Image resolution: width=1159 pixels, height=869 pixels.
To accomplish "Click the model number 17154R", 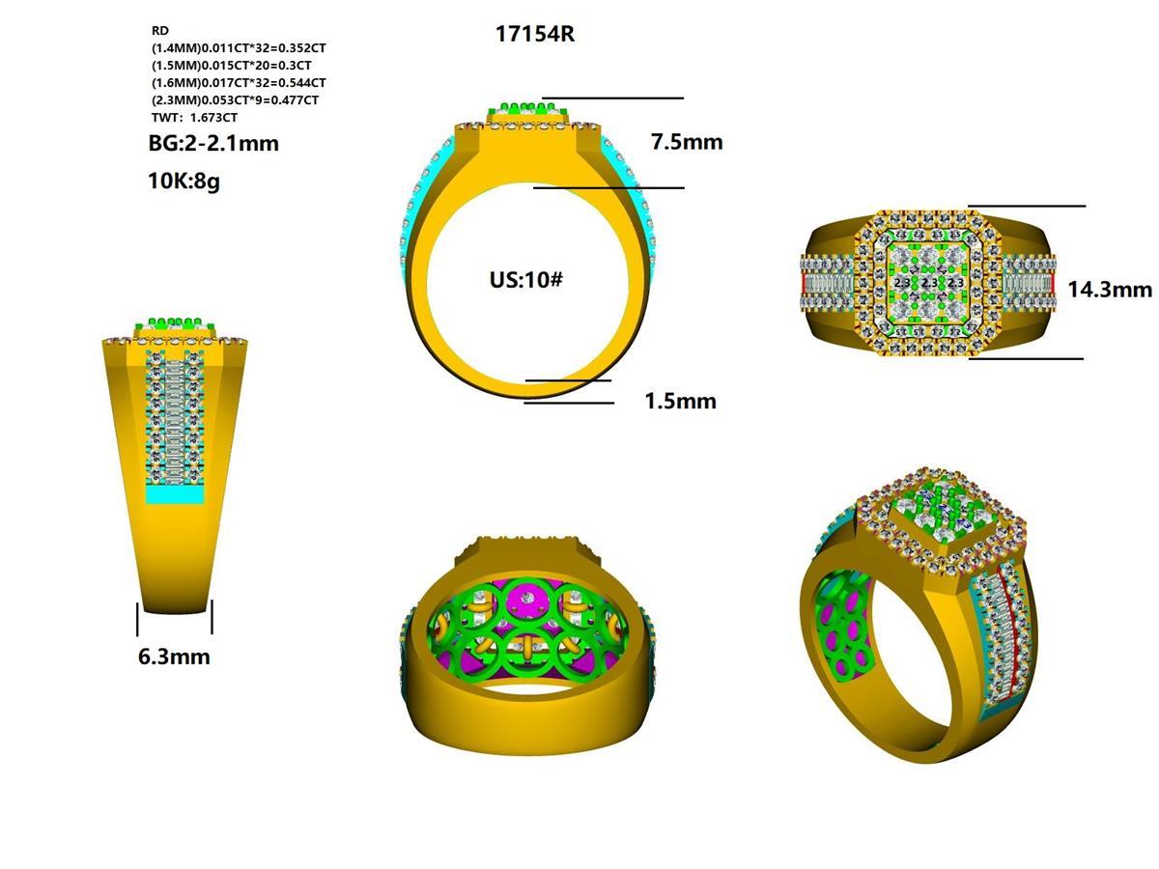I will tap(535, 34).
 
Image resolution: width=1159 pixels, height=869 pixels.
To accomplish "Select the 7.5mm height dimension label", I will tap(687, 142).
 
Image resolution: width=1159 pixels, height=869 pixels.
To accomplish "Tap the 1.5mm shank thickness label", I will tap(680, 401).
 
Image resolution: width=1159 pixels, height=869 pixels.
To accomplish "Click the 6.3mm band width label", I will tap(174, 657).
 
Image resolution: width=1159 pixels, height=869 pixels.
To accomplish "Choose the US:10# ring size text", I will tap(526, 280).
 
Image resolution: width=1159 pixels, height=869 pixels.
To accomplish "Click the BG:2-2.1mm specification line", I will tap(213, 144).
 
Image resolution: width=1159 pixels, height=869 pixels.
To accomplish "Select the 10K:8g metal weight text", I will tap(184, 181).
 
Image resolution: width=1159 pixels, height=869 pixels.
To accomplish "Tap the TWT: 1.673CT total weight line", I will tap(194, 117).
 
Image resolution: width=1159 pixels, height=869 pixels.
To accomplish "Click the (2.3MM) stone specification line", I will tap(235, 99).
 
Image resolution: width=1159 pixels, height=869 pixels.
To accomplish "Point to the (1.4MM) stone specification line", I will tap(244, 47).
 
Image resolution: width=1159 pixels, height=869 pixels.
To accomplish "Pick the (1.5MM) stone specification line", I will tap(231, 65).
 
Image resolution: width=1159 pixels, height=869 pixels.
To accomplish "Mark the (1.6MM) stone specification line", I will tap(238, 82).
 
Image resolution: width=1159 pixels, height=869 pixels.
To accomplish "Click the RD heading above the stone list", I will tap(159, 31).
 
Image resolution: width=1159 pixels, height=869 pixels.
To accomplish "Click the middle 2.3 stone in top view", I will tap(928, 283).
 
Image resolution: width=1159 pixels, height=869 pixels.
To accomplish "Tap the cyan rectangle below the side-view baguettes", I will tap(175, 494).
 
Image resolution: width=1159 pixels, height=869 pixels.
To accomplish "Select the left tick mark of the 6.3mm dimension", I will tap(138, 619).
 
